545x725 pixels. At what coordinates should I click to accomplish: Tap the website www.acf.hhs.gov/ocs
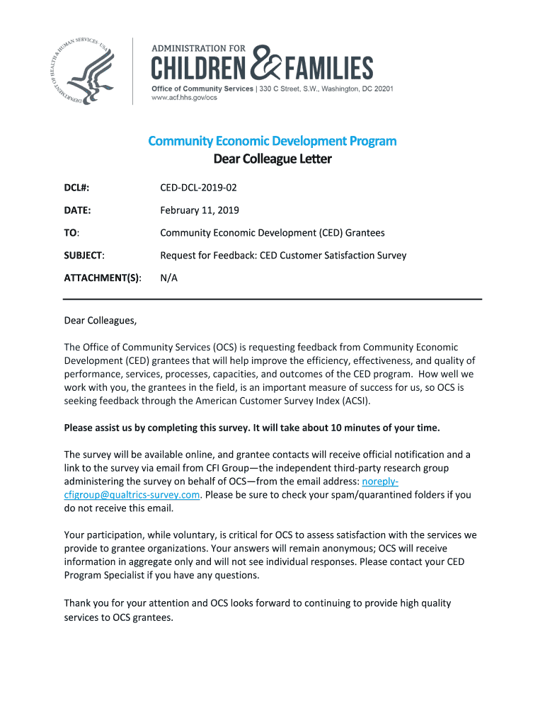click(185, 98)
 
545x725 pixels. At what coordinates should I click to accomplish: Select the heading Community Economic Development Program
click(272, 141)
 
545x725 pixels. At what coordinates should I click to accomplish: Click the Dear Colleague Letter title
click(272, 159)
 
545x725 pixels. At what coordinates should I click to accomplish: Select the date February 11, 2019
click(200, 210)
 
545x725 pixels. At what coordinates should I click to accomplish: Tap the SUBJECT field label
click(84, 255)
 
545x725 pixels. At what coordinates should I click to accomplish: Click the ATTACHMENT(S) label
click(102, 278)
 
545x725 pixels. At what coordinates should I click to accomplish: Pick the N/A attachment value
click(168, 278)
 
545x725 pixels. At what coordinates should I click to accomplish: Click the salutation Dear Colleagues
click(100, 321)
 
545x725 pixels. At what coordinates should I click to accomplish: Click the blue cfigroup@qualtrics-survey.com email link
click(132, 495)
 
